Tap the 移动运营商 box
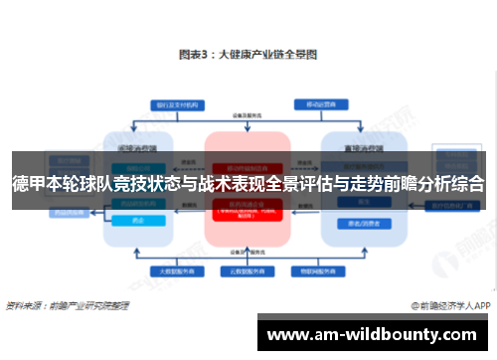316,103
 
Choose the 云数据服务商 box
248,270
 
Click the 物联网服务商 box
316,270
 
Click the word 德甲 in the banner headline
29,183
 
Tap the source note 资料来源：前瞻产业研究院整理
68,304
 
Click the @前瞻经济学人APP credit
449,304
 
